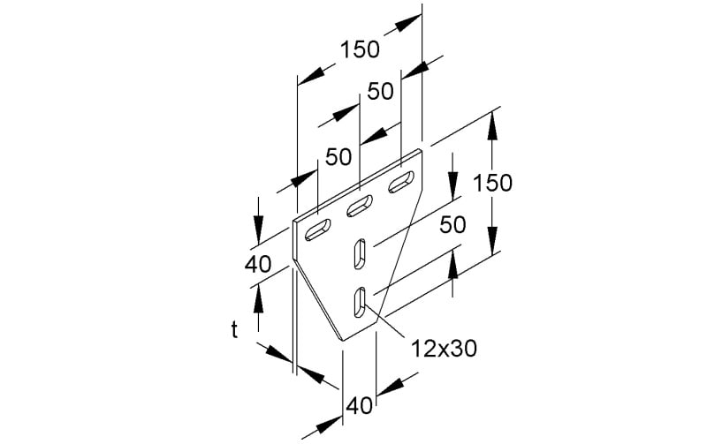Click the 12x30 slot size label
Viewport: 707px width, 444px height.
pyautogui.click(x=444, y=348)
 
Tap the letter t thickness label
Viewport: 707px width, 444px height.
pyautogui.click(x=234, y=329)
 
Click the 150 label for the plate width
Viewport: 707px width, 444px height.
pyautogui.click(x=360, y=49)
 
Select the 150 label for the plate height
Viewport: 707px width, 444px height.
pyautogui.click(x=492, y=183)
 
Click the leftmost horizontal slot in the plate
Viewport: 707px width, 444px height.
pyautogui.click(x=317, y=230)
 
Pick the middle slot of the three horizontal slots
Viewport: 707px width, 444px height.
pyautogui.click(x=360, y=206)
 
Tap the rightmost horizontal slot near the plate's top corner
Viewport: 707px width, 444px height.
pyautogui.click(x=401, y=182)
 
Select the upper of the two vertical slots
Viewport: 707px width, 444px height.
pyautogui.click(x=360, y=253)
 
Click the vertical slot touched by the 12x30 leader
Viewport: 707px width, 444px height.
pyautogui.click(x=360, y=302)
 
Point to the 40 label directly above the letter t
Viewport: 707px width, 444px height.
pyautogui.click(x=258, y=264)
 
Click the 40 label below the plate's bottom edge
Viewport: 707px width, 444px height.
pyautogui.click(x=360, y=406)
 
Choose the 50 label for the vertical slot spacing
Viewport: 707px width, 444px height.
pyautogui.click(x=452, y=225)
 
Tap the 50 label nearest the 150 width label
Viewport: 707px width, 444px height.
pyautogui.click(x=380, y=92)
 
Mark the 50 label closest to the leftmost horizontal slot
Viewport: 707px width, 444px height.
pyautogui.click(x=338, y=157)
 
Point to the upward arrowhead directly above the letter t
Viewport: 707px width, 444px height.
pyautogui.click(x=258, y=299)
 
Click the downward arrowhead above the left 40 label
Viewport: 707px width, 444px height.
pyautogui.click(x=258, y=230)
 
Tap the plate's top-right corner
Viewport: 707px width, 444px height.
pyautogui.click(x=422, y=149)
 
